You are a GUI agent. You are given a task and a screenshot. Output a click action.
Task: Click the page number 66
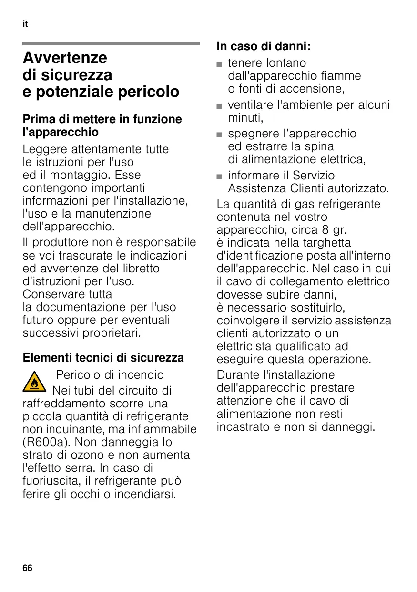[27, 568]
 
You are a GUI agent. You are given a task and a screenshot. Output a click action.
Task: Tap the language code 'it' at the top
[25, 24]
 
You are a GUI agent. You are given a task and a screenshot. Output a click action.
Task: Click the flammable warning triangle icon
[34, 382]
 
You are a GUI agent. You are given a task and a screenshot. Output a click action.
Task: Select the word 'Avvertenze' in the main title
[65, 58]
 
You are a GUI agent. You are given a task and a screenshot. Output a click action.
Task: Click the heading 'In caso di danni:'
[264, 46]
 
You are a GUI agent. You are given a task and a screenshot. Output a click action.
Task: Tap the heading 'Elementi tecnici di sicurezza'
[103, 357]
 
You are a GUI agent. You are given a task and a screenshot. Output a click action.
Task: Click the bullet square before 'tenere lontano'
[220, 63]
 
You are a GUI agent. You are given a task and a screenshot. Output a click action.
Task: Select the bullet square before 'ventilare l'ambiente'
[220, 105]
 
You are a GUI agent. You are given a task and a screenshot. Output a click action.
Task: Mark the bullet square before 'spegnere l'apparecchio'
[220, 134]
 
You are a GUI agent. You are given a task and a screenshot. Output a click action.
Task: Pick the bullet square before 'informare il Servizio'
[220, 176]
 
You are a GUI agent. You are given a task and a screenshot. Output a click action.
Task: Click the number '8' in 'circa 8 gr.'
[325, 230]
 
